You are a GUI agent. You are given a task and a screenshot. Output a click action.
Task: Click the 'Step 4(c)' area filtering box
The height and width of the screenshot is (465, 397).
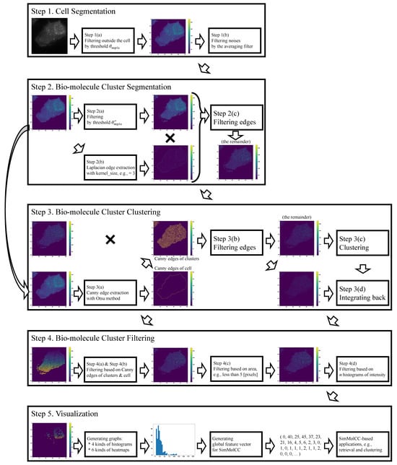tap(236, 363)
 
